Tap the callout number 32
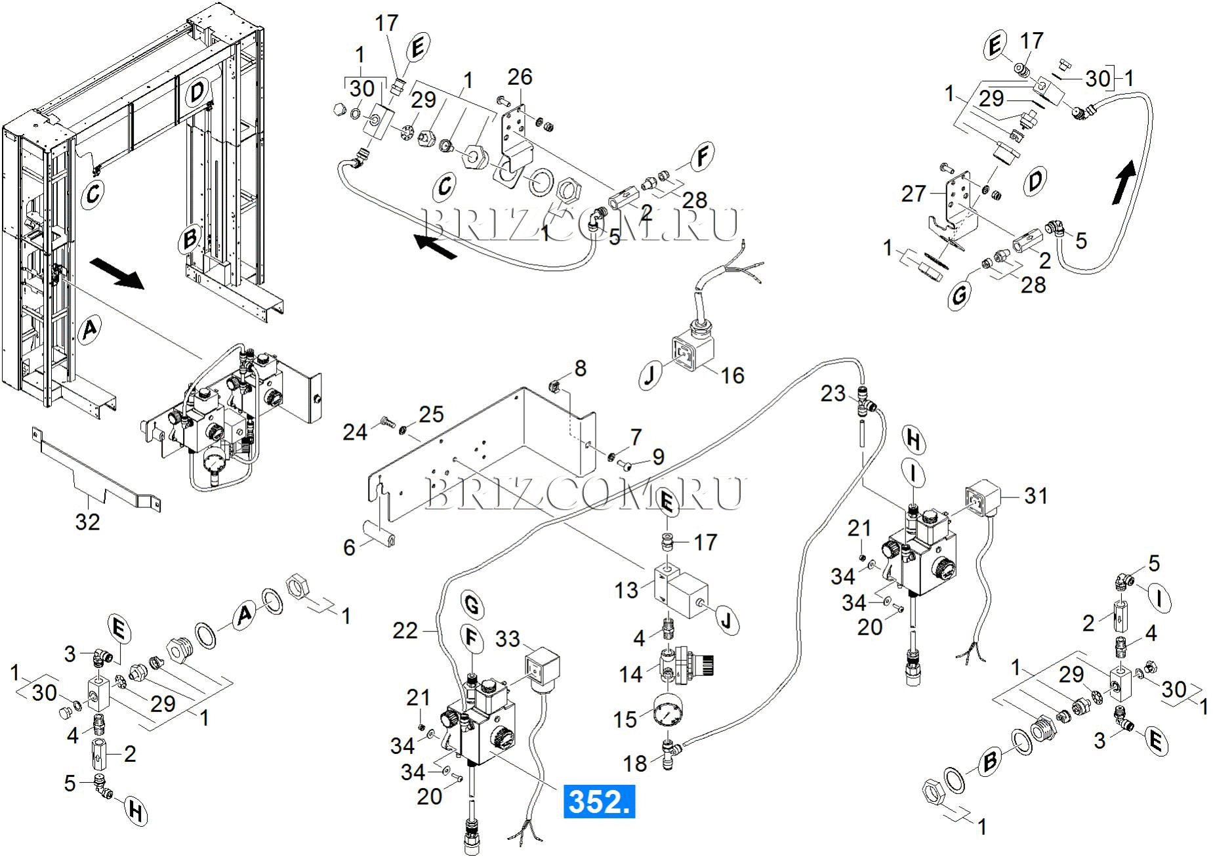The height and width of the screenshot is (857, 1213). pyautogui.click(x=87, y=522)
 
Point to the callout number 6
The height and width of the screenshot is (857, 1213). pyautogui.click(x=350, y=547)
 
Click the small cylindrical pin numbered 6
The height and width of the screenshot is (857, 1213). pyautogui.click(x=380, y=533)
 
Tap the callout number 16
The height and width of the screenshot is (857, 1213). pyautogui.click(x=732, y=375)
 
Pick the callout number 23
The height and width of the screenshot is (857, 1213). pyautogui.click(x=833, y=394)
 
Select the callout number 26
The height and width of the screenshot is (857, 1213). pyautogui.click(x=520, y=77)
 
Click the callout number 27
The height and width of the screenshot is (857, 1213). pyautogui.click(x=913, y=194)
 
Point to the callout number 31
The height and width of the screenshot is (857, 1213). pyautogui.click(x=1036, y=495)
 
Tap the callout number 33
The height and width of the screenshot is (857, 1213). pyautogui.click(x=507, y=638)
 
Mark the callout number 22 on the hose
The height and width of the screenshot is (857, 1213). pyautogui.click(x=405, y=631)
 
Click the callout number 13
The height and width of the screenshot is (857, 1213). pyautogui.click(x=626, y=590)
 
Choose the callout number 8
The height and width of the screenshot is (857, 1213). pyautogui.click(x=580, y=368)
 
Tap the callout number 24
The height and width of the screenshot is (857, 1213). pyautogui.click(x=355, y=432)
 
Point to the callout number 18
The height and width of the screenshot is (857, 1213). pyautogui.click(x=634, y=763)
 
